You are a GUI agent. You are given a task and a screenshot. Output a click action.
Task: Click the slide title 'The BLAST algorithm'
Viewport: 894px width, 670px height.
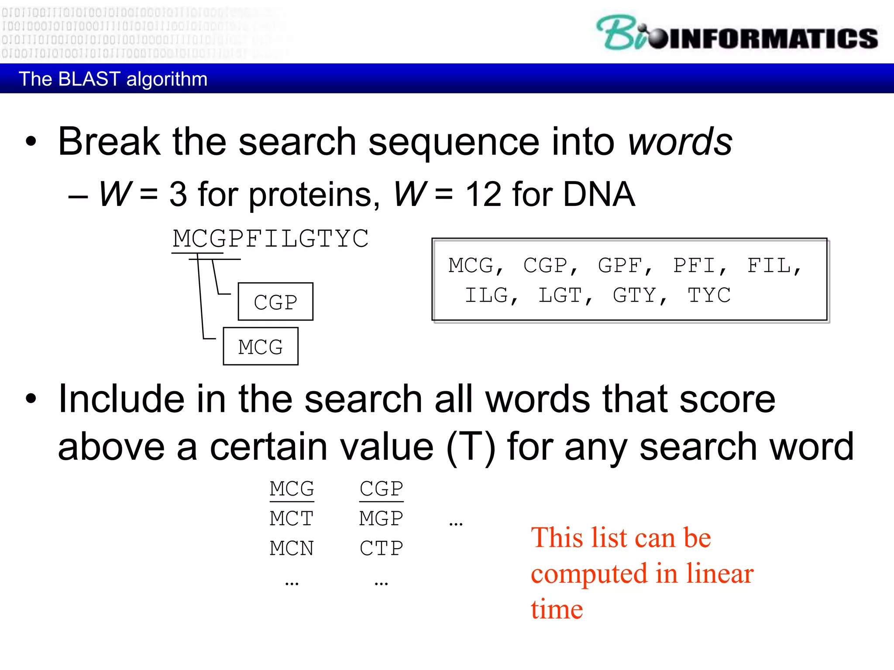pyautogui.click(x=113, y=79)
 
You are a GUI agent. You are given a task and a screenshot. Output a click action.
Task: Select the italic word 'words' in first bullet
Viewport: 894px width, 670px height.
pyautogui.click(x=680, y=142)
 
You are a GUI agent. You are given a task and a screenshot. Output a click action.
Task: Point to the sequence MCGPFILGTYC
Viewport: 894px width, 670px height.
pyautogui.click(x=271, y=239)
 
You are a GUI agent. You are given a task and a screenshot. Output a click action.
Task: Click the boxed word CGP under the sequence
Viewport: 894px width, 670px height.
pyautogui.click(x=275, y=302)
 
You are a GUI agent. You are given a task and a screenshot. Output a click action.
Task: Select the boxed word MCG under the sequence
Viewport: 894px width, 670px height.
pyautogui.click(x=261, y=347)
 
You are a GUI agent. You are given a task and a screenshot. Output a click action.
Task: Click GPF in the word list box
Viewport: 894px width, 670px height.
pyautogui.click(x=620, y=265)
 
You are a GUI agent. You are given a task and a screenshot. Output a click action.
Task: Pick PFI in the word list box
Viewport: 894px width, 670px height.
pyautogui.click(x=695, y=265)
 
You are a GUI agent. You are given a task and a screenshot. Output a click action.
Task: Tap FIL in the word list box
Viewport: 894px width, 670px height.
pyautogui.click(x=769, y=265)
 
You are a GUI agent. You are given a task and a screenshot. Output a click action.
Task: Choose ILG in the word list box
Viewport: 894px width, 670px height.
pyautogui.click(x=486, y=295)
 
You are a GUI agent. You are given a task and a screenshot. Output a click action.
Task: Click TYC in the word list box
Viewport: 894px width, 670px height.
pyautogui.click(x=709, y=295)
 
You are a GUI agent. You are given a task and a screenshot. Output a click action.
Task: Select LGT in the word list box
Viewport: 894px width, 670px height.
pyautogui.click(x=560, y=295)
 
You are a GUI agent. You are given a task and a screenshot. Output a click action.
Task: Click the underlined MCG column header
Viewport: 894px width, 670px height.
pyautogui.click(x=292, y=489)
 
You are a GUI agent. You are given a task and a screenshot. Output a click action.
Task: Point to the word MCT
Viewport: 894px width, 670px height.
pyautogui.click(x=292, y=519)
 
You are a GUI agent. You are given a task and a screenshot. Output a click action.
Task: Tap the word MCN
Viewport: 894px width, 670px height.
pyautogui.click(x=292, y=548)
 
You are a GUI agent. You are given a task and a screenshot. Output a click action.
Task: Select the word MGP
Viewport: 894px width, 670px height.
pyautogui.click(x=381, y=519)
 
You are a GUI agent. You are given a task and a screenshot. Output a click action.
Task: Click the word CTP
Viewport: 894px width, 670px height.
pyautogui.click(x=381, y=548)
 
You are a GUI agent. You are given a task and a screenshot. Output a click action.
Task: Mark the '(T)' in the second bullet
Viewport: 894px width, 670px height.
pyautogui.click(x=471, y=447)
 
